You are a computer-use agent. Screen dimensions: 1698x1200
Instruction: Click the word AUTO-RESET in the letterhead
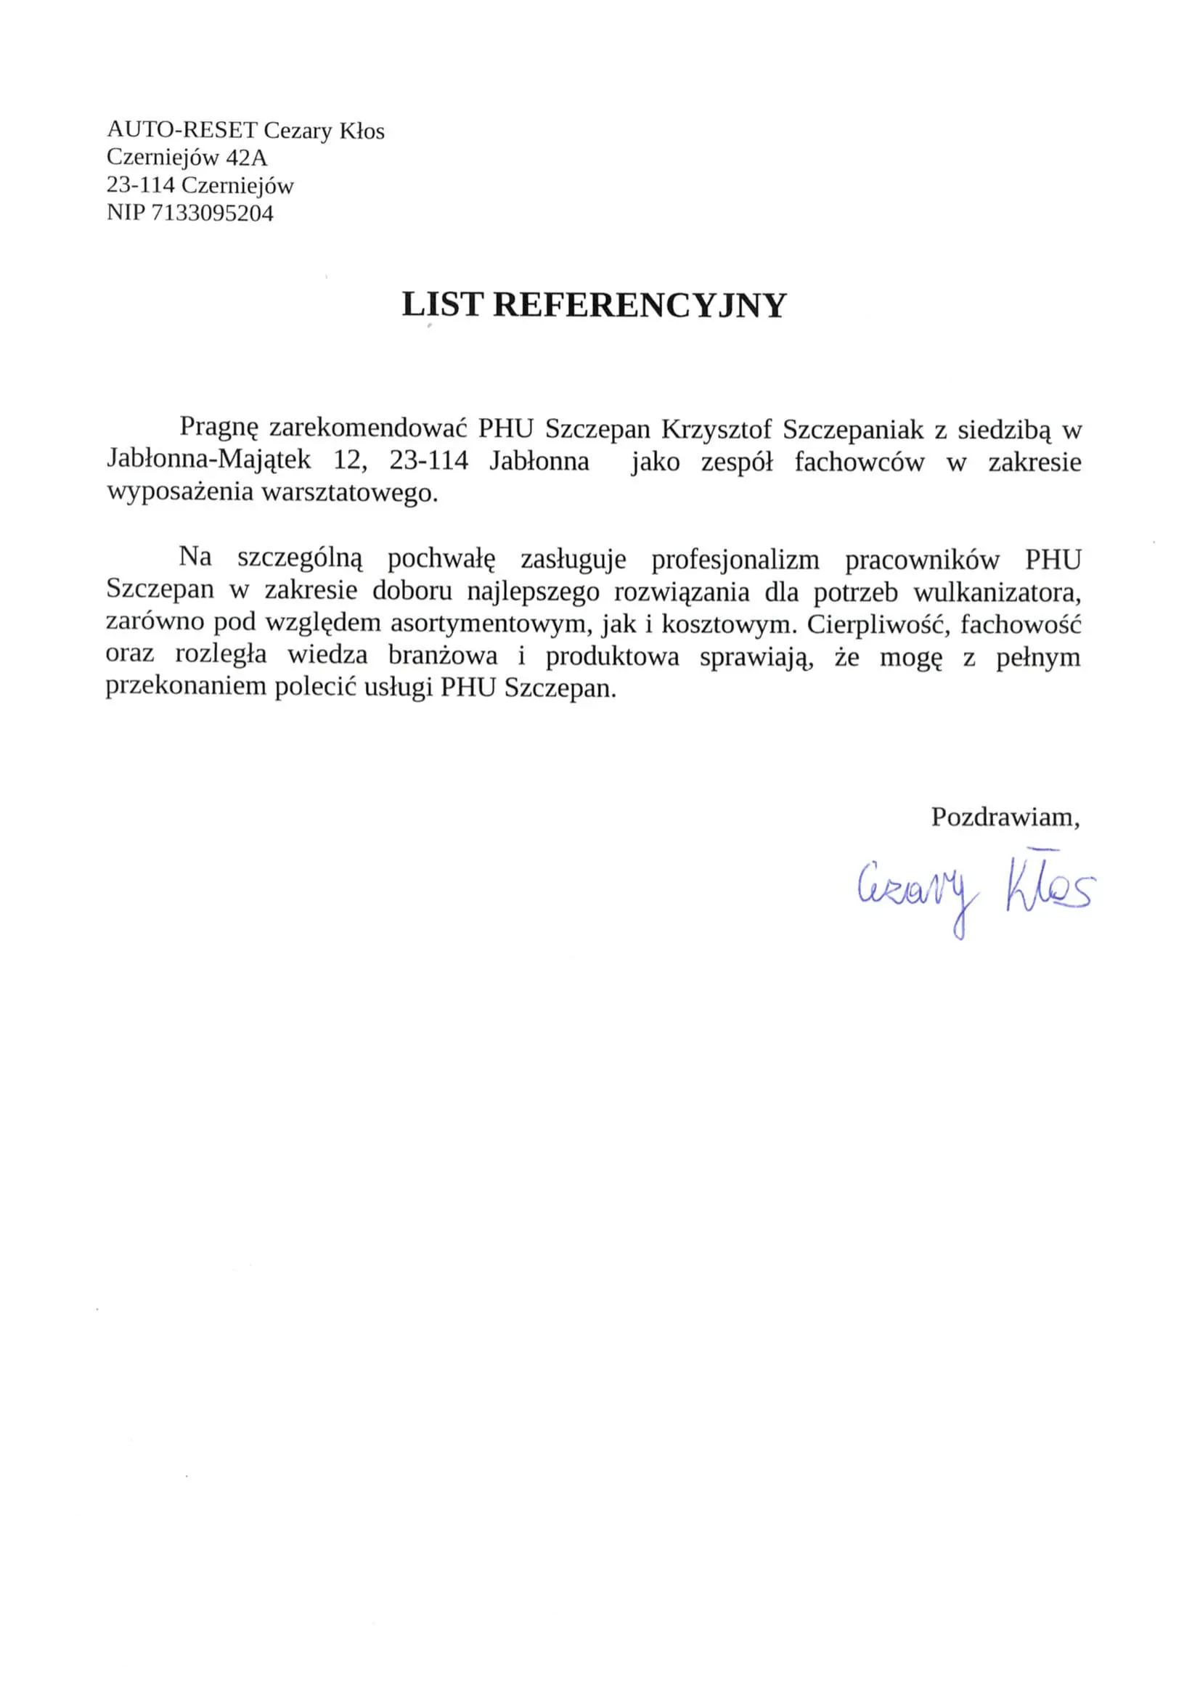pos(182,130)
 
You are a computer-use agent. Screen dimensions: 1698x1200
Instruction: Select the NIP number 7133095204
pos(212,213)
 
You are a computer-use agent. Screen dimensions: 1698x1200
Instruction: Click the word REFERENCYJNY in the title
pos(639,306)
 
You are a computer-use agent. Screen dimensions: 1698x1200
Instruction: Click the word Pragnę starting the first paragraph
pos(219,428)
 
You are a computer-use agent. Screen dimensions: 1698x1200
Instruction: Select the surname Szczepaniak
pos(853,429)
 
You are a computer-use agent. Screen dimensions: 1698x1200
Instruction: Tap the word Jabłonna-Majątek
pos(208,460)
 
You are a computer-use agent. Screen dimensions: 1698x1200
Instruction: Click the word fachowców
pos(859,462)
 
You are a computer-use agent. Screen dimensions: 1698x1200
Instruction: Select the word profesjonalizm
pos(735,560)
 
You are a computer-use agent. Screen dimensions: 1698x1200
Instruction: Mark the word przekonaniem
pos(186,687)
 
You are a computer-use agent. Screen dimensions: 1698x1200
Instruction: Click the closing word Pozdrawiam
pos(1004,817)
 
